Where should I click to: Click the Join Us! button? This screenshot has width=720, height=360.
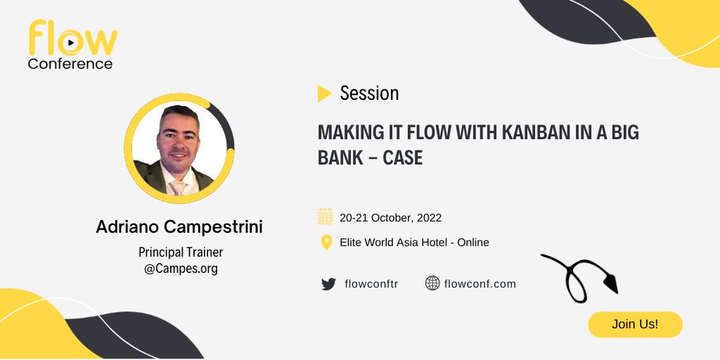tap(635, 324)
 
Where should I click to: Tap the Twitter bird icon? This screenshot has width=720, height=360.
tap(328, 284)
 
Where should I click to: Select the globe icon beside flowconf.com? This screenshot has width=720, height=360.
tap(432, 283)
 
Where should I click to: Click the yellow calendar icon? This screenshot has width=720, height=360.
tap(325, 217)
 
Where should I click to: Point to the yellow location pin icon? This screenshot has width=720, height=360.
tap(326, 243)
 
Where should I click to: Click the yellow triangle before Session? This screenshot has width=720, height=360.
tap(324, 94)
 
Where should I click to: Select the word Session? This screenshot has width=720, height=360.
tap(369, 94)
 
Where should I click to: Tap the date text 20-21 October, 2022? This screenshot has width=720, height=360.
tap(390, 217)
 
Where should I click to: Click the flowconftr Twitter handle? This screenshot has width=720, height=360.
tap(371, 284)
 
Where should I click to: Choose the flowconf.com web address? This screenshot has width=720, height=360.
tap(480, 284)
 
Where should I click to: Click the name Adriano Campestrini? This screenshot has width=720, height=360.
tap(179, 227)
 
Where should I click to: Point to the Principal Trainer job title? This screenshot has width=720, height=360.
tap(181, 252)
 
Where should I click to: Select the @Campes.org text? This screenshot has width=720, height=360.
tap(181, 269)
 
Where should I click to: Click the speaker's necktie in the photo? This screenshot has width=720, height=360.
tap(178, 188)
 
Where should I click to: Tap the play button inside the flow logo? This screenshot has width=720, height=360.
tap(70, 43)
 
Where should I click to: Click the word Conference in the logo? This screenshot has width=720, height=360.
tap(70, 64)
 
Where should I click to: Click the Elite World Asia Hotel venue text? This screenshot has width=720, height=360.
tap(393, 242)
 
